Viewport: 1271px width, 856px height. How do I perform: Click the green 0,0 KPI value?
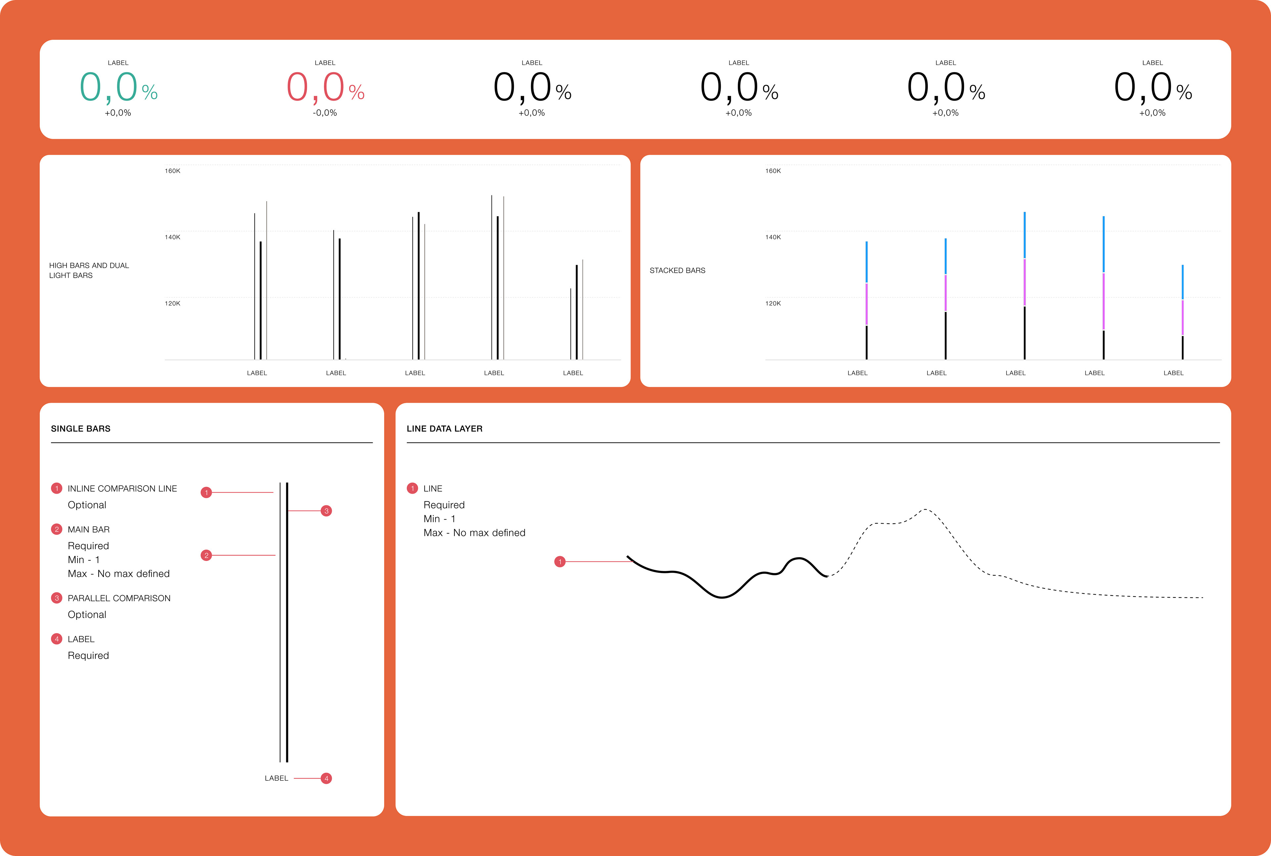coord(109,87)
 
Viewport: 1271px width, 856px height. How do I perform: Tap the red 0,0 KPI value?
coord(315,87)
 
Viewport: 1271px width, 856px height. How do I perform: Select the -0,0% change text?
coord(325,113)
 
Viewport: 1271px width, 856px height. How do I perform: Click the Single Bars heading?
coord(81,429)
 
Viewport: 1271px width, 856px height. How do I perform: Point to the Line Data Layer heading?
coord(445,429)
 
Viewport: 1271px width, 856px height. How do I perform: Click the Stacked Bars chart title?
coord(677,270)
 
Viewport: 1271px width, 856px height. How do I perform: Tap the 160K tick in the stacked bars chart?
coord(773,171)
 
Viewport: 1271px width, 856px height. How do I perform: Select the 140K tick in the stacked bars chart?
coord(773,237)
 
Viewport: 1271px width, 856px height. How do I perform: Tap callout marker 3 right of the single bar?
coord(326,511)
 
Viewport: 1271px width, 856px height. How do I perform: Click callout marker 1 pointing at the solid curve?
coord(560,562)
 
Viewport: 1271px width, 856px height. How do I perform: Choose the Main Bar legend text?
coord(88,530)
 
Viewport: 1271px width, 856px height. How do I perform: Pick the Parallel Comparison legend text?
coord(119,598)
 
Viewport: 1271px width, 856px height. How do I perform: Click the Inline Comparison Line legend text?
coord(122,489)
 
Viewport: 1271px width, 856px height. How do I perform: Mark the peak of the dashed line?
coord(925,509)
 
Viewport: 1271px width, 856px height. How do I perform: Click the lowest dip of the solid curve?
coord(722,597)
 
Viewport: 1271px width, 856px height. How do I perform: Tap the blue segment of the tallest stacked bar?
coord(1024,235)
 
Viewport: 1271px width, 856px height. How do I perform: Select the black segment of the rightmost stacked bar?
coord(1183,348)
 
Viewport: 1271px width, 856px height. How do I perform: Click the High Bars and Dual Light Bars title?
coord(89,270)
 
